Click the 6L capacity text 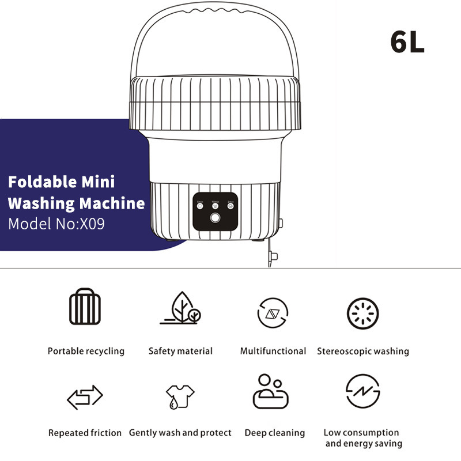pyautogui.click(x=407, y=42)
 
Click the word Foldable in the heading pyautogui.click(x=41, y=183)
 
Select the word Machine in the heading pyautogui.click(x=112, y=203)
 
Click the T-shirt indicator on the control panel pyautogui.click(x=199, y=205)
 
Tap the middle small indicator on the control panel pyautogui.click(x=215, y=205)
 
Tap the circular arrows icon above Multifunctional pyautogui.click(x=273, y=313)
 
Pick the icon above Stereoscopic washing pyautogui.click(x=362, y=313)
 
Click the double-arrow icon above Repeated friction pyautogui.click(x=85, y=396)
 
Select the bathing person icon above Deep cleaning pyautogui.click(x=270, y=392)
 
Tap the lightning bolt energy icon pyautogui.click(x=362, y=392)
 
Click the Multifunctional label pyautogui.click(x=273, y=351)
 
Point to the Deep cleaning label pyautogui.click(x=274, y=433)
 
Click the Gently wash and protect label pyautogui.click(x=180, y=433)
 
